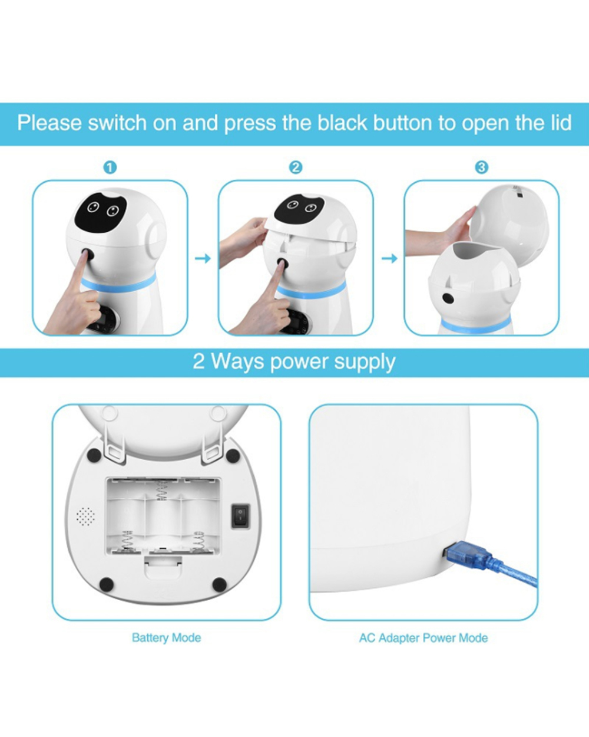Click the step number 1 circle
tap(110, 167)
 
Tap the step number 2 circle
tap(296, 167)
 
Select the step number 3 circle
tap(482, 167)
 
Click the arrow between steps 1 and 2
tap(203, 258)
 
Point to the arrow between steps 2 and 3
tap(389, 258)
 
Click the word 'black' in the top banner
tap(342, 123)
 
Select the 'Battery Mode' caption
tap(166, 638)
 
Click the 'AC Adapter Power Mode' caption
tap(423, 638)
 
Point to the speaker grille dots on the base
tap(86, 516)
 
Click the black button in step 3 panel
tap(448, 298)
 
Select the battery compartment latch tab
tap(163, 567)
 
